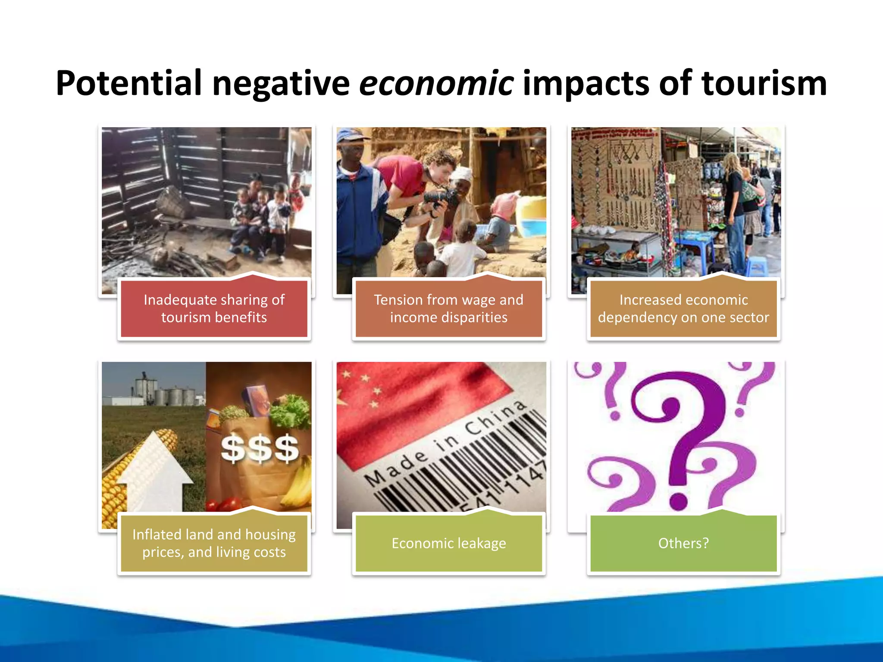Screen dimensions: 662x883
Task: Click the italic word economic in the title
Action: tap(436, 83)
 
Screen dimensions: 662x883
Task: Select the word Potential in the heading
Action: tap(128, 83)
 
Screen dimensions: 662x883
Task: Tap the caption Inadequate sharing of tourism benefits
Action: tap(214, 309)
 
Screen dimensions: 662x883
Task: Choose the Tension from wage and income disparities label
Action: tap(448, 309)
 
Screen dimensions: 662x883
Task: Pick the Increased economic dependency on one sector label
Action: tap(683, 309)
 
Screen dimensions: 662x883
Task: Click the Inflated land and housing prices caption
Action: tap(214, 543)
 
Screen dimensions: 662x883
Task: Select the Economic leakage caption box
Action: tap(448, 543)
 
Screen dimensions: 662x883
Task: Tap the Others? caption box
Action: tap(683, 543)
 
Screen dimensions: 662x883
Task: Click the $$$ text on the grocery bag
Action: tap(260, 448)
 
